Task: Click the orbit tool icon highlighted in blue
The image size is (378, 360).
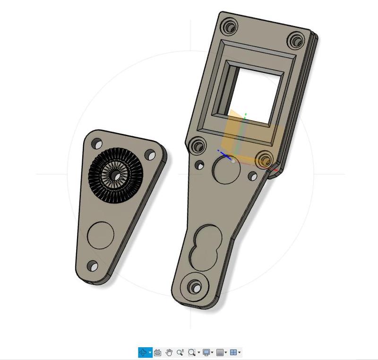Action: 143,352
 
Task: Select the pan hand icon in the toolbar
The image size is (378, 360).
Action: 169,352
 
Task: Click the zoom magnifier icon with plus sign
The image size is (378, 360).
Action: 180,352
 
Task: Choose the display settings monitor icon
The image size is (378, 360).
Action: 206,352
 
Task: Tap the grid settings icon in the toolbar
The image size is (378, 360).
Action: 220,352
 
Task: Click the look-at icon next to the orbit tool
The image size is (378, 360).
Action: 158,352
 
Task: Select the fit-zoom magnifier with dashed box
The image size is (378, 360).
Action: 191,352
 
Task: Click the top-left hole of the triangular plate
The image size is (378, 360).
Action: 97,142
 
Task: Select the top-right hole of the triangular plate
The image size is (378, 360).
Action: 150,155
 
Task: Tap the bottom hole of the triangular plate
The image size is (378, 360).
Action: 93,266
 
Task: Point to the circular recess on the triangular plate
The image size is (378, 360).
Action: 101,235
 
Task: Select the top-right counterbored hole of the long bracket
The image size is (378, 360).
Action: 297,39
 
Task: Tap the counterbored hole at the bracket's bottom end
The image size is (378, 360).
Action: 195,286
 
